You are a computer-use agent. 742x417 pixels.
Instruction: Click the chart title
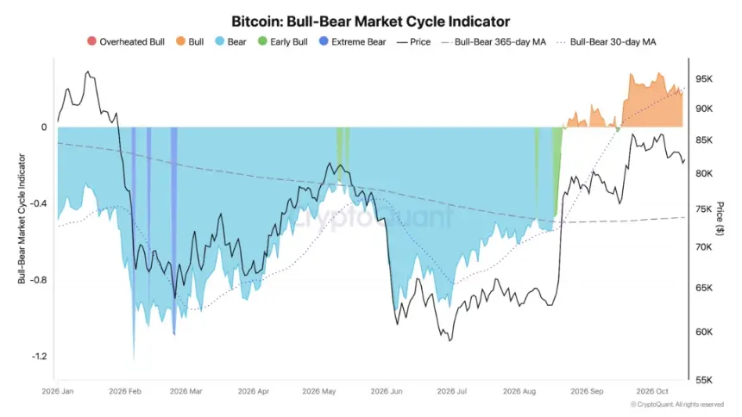click(370, 22)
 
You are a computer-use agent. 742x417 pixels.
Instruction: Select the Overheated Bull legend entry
click(126, 41)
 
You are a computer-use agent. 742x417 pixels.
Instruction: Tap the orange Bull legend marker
click(180, 41)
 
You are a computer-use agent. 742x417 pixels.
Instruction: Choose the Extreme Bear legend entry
click(353, 41)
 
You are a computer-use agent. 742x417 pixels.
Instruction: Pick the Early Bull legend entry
click(282, 41)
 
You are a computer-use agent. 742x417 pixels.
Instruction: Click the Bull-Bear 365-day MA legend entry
click(494, 41)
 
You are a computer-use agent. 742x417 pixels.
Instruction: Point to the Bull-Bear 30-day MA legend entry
click(607, 41)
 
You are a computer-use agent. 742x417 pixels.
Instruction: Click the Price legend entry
click(413, 41)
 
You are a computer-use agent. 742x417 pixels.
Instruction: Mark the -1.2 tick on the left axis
click(39, 356)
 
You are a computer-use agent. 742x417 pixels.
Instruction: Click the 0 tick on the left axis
click(44, 127)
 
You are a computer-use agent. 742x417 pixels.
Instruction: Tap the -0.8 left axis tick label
click(39, 280)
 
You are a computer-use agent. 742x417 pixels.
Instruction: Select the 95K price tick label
click(704, 79)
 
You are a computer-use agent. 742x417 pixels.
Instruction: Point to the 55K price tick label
click(704, 380)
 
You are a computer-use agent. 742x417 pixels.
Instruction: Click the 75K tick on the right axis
click(704, 209)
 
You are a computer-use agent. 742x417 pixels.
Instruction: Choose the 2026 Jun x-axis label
click(387, 391)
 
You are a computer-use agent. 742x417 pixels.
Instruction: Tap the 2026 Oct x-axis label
click(652, 391)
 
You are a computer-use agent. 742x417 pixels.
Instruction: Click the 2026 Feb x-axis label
click(125, 391)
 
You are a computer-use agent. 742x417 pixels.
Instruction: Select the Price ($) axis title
click(720, 219)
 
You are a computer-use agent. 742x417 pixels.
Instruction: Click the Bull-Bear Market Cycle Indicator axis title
click(22, 219)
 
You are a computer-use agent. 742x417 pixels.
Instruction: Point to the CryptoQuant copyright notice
click(677, 405)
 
